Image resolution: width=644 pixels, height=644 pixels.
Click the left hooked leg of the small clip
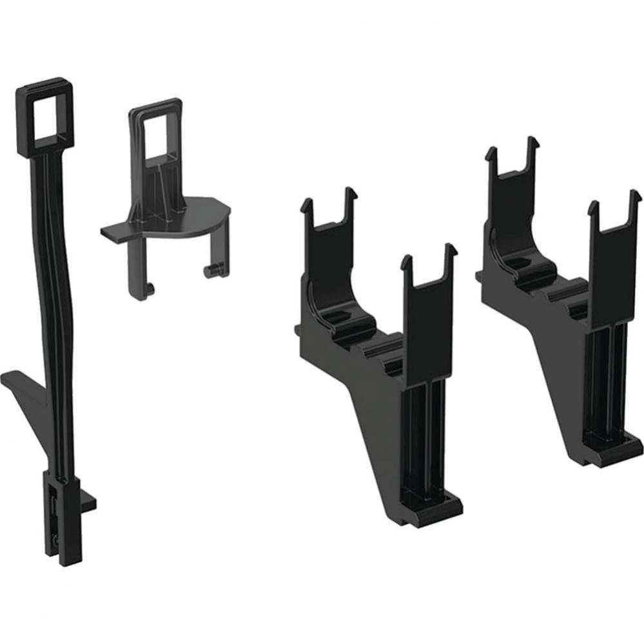143,277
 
